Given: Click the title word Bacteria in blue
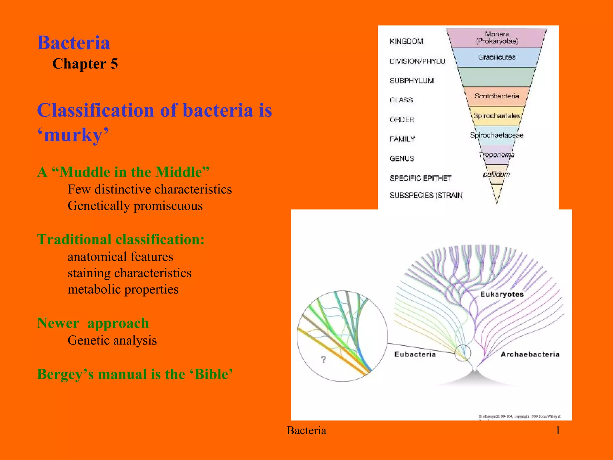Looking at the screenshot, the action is tap(73, 43).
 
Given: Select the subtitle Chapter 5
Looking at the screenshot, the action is tap(85, 64).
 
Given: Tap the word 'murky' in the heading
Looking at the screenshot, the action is tap(73, 135).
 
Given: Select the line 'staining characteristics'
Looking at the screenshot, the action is tap(129, 273).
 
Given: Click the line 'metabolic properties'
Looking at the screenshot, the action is tap(123, 289).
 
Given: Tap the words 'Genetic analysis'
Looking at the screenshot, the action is tap(112, 340).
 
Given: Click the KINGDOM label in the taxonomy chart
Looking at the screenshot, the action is tap(406, 41).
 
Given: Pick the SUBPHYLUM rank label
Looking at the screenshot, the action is tap(412, 81).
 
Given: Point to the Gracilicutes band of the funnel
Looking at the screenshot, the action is tap(497, 57).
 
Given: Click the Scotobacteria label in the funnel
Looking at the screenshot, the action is tap(497, 96).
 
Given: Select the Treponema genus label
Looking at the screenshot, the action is tap(497, 155).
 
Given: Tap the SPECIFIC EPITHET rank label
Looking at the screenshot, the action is tap(420, 178).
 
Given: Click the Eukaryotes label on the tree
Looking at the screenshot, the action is tap(502, 294).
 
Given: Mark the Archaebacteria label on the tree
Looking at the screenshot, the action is tap(530, 354).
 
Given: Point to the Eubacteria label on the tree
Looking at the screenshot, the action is tap(415, 354).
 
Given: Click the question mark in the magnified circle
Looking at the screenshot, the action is tap(323, 359).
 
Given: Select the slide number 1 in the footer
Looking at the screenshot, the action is tap(558, 430).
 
